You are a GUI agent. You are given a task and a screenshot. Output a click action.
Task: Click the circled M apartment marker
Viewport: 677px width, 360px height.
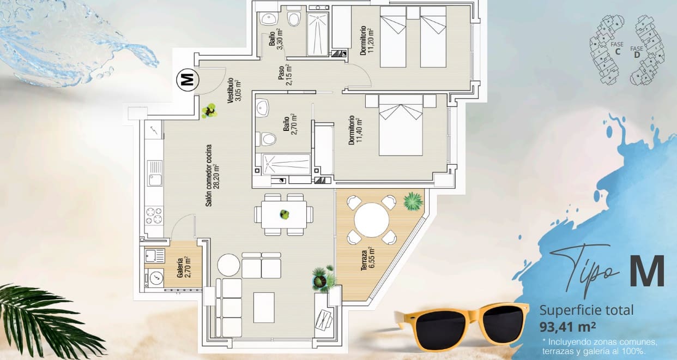[186, 80]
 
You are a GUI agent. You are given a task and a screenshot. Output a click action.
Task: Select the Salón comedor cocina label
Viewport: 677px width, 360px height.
[212, 175]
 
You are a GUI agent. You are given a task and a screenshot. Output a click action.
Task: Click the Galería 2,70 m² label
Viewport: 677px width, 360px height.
[184, 267]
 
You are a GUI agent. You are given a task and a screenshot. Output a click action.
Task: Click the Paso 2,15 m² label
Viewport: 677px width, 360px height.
[285, 75]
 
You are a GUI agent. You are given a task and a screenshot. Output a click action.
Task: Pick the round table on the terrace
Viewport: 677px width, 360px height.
[371, 220]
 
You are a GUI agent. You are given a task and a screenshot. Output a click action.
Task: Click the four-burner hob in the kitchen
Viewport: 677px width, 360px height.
[154, 215]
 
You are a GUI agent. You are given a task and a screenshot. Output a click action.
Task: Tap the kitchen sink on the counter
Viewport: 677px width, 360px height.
[155, 173]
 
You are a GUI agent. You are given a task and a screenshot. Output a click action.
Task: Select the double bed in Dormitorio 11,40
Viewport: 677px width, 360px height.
[401, 125]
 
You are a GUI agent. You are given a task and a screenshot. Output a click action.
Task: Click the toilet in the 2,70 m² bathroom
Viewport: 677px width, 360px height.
[268, 139]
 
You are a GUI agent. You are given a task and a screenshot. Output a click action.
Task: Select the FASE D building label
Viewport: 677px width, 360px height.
[637, 52]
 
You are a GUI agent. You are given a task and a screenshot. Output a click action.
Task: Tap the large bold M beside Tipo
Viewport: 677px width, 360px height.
[647, 272]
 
